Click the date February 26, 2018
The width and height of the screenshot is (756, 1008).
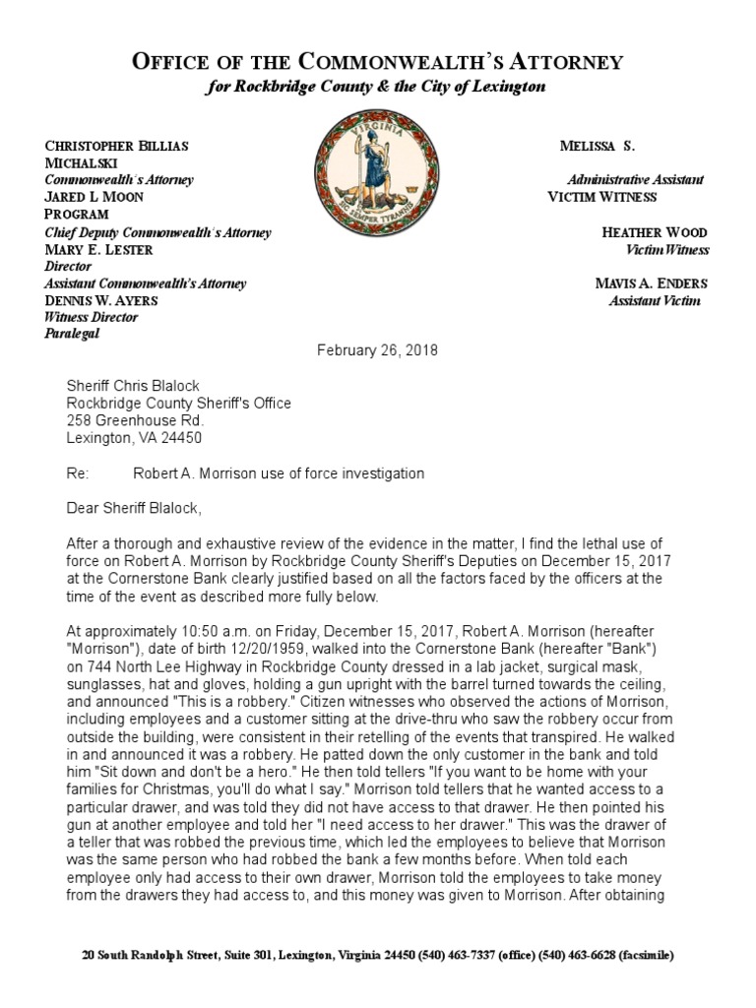tap(378, 350)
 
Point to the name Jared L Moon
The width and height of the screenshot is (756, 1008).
tap(94, 197)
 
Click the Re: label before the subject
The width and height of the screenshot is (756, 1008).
tap(77, 473)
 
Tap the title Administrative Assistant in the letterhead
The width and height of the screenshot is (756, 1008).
tap(635, 180)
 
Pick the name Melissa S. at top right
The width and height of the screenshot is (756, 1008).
tap(598, 146)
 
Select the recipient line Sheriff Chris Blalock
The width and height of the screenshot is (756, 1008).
tap(126, 385)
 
